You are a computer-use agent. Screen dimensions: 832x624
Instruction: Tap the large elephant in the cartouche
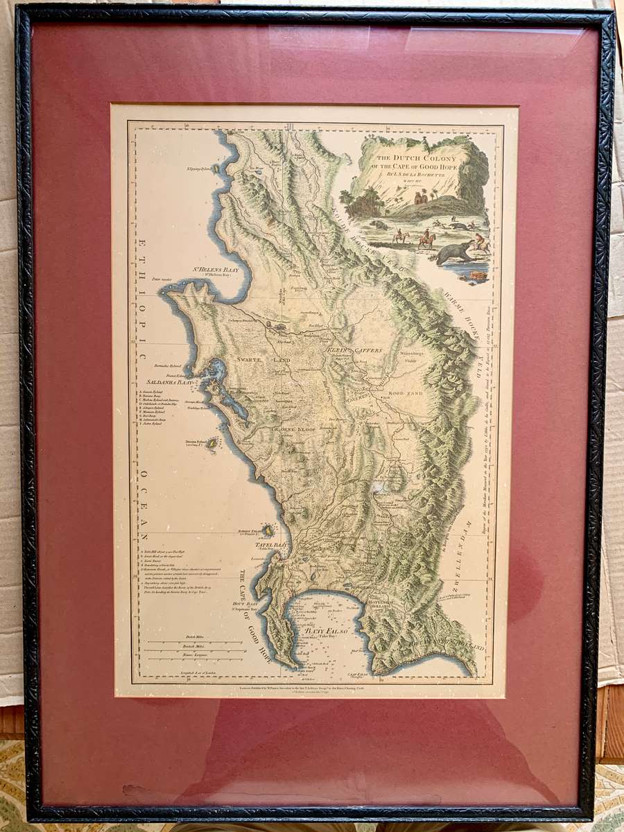tap(453, 252)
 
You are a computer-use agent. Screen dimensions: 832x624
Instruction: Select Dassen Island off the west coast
tap(211, 442)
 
